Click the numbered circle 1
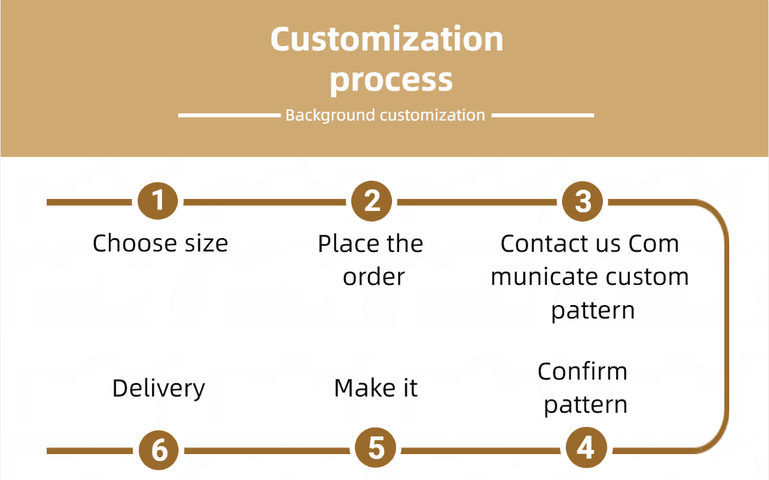pos(158,201)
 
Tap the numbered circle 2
pos(372,201)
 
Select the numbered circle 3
pos(583,201)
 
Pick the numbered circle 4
pos(585,449)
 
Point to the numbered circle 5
pos(376,449)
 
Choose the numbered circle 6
pos(160,450)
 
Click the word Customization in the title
pos(386,39)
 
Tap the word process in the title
pos(391,80)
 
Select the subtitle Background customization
pos(385,116)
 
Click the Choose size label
pos(160,243)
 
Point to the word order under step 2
pos(374,277)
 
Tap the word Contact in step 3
pos(541,243)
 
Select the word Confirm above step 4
pos(582,371)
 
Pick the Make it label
pos(376,388)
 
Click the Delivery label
pos(158,388)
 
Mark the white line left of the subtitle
pos(229,116)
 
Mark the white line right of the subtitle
pos(542,116)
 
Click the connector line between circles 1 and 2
pos(265,202)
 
